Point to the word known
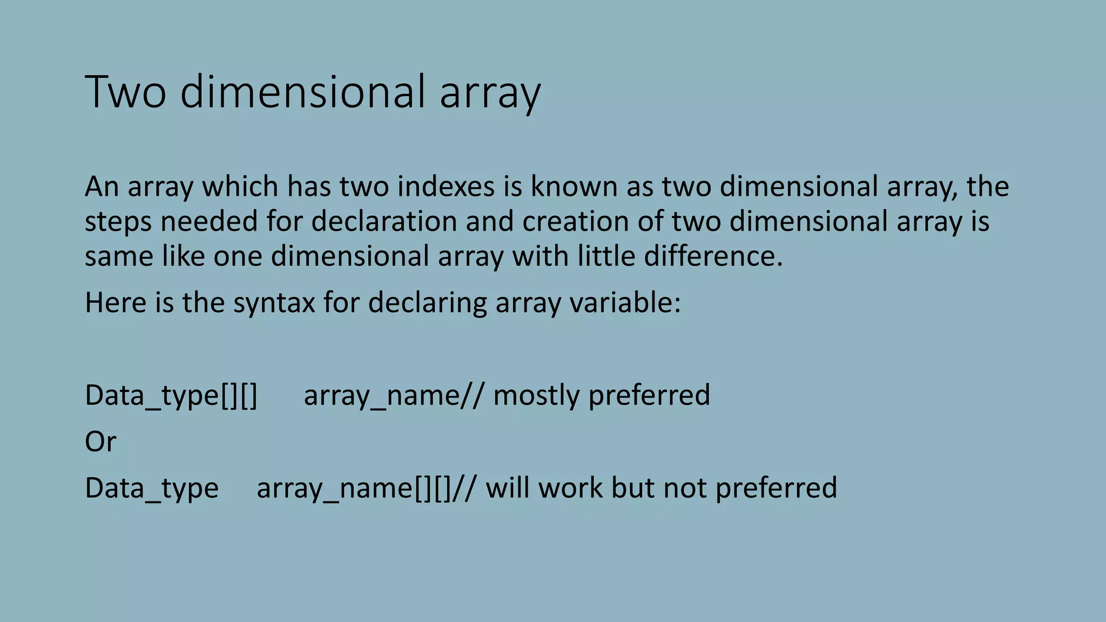[x=574, y=187]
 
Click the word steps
[x=118, y=222]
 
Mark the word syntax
[x=274, y=303]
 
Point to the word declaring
[x=427, y=303]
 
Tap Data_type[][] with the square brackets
[x=171, y=396]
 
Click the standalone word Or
[x=100, y=442]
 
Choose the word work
[x=570, y=488]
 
